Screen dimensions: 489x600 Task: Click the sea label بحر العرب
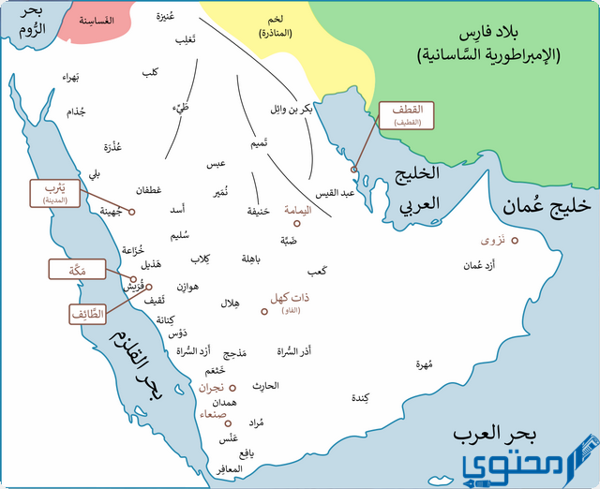(x=495, y=436)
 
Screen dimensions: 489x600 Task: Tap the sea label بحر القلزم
(x=137, y=366)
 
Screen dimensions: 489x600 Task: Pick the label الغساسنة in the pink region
(x=96, y=20)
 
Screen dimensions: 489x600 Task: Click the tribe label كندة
(x=359, y=398)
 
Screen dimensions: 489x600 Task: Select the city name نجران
(x=211, y=387)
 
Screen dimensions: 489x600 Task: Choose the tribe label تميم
(x=264, y=143)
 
